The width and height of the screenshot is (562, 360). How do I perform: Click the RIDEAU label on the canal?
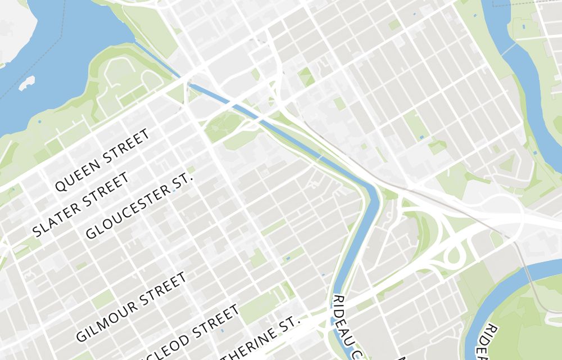click(x=339, y=318)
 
